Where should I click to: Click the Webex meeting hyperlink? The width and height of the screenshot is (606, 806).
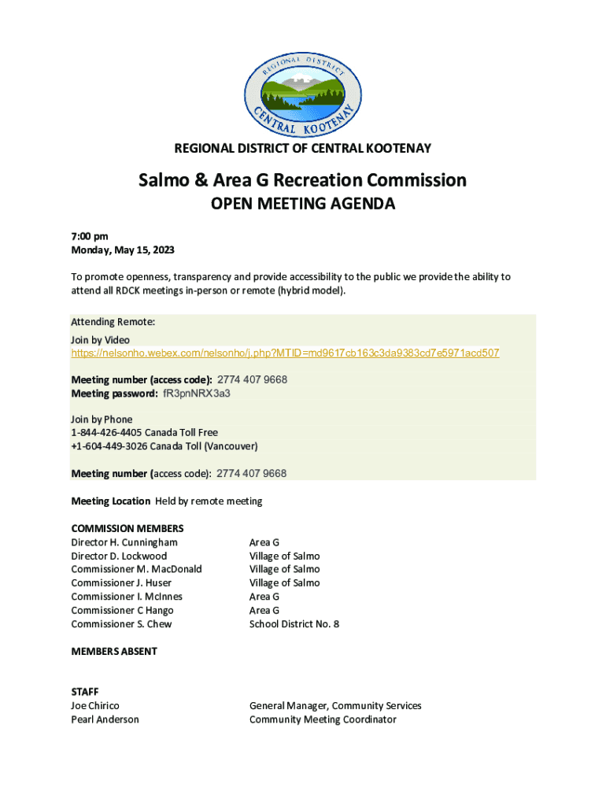click(285, 353)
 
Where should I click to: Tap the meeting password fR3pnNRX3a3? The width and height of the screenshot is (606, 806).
click(196, 393)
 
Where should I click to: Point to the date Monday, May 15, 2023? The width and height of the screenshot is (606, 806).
click(123, 250)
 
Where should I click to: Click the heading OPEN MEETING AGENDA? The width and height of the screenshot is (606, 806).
click(303, 205)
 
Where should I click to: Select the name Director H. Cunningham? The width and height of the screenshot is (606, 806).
click(124, 542)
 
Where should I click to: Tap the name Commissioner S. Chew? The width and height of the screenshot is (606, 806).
click(121, 624)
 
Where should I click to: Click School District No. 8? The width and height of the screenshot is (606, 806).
click(294, 624)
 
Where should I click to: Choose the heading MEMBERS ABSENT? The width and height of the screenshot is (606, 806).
click(114, 652)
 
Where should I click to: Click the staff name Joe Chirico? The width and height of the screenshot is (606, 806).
click(95, 706)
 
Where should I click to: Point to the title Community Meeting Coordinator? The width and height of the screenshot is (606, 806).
click(323, 719)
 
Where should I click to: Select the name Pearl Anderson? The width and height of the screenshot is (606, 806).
click(105, 719)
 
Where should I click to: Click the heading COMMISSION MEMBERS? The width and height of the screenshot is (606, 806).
click(127, 528)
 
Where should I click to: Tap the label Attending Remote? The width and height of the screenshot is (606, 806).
click(113, 322)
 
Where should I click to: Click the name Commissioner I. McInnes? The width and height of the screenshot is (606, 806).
click(126, 597)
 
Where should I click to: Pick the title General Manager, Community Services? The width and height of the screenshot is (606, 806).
click(335, 706)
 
